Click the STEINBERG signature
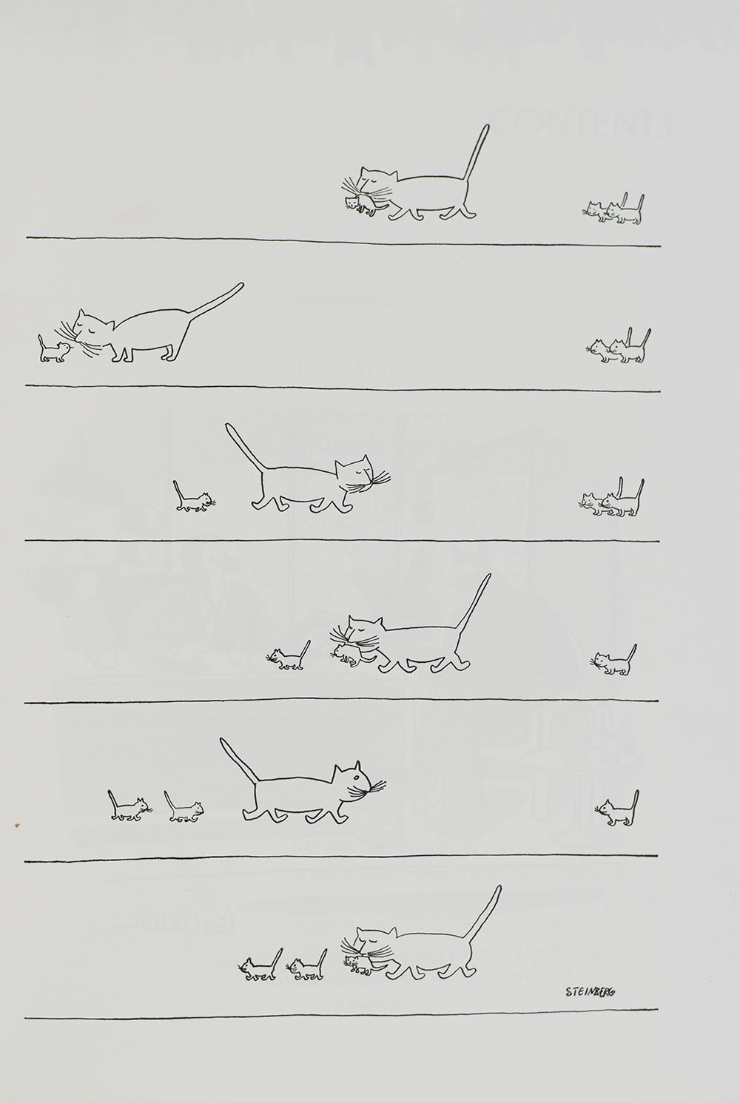pos(588,992)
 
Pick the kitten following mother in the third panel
pos(192,499)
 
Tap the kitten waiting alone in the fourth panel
pos(613,661)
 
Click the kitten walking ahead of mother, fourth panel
pos(289,657)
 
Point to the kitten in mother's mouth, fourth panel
pos(344,652)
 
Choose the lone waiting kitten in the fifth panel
pos(617,809)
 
